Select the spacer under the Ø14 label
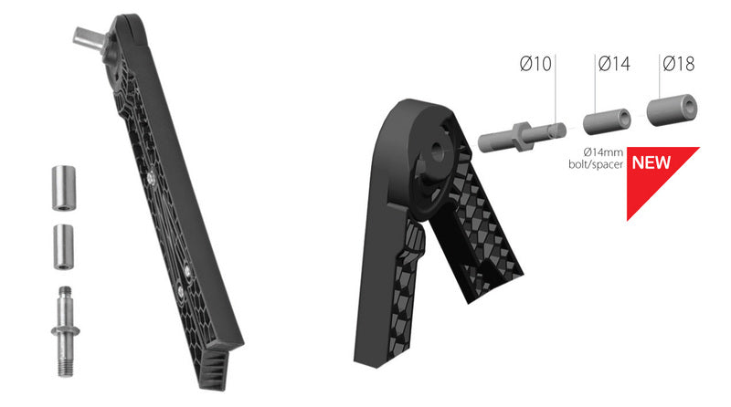click(x=605, y=120)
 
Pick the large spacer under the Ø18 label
click(x=672, y=112)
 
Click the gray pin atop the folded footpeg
click(x=89, y=38)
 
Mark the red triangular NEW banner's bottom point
click(x=627, y=218)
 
